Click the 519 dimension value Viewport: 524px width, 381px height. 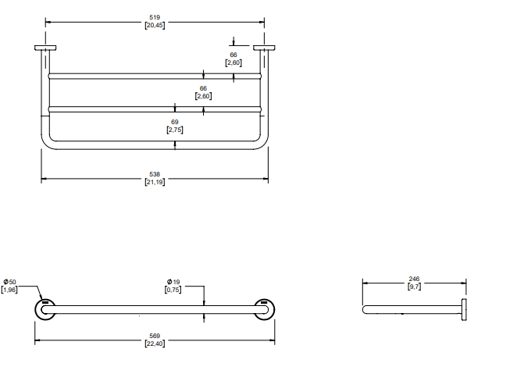point(154,16)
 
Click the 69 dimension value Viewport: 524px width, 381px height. point(175,122)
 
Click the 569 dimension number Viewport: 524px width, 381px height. point(154,336)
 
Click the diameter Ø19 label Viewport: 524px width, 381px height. point(173,281)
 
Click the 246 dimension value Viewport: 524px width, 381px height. point(414,279)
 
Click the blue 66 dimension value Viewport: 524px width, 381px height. point(233,54)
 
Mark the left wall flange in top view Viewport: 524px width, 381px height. point(45,48)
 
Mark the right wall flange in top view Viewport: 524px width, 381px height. point(265,48)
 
